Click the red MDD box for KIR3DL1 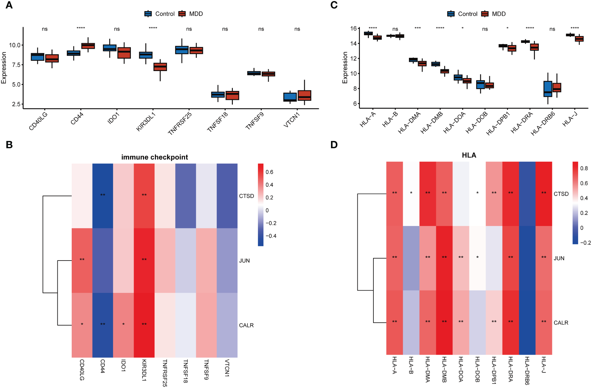click(x=160, y=67)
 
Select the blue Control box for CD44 click(x=73, y=53)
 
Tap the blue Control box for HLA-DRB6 click(x=548, y=89)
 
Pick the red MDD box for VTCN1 click(x=305, y=95)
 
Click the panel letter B click(x=9, y=145)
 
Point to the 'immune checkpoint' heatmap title click(x=155, y=157)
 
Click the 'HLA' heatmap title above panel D click(x=469, y=155)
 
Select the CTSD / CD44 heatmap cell click(x=103, y=196)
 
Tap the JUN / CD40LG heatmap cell click(x=82, y=260)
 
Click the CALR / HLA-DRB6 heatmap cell click(x=527, y=323)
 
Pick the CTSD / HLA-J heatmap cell click(x=544, y=194)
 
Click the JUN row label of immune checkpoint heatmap click(x=244, y=261)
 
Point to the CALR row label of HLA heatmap click(x=561, y=323)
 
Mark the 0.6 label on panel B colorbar click(x=269, y=172)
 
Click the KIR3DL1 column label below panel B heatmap click(x=144, y=370)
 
